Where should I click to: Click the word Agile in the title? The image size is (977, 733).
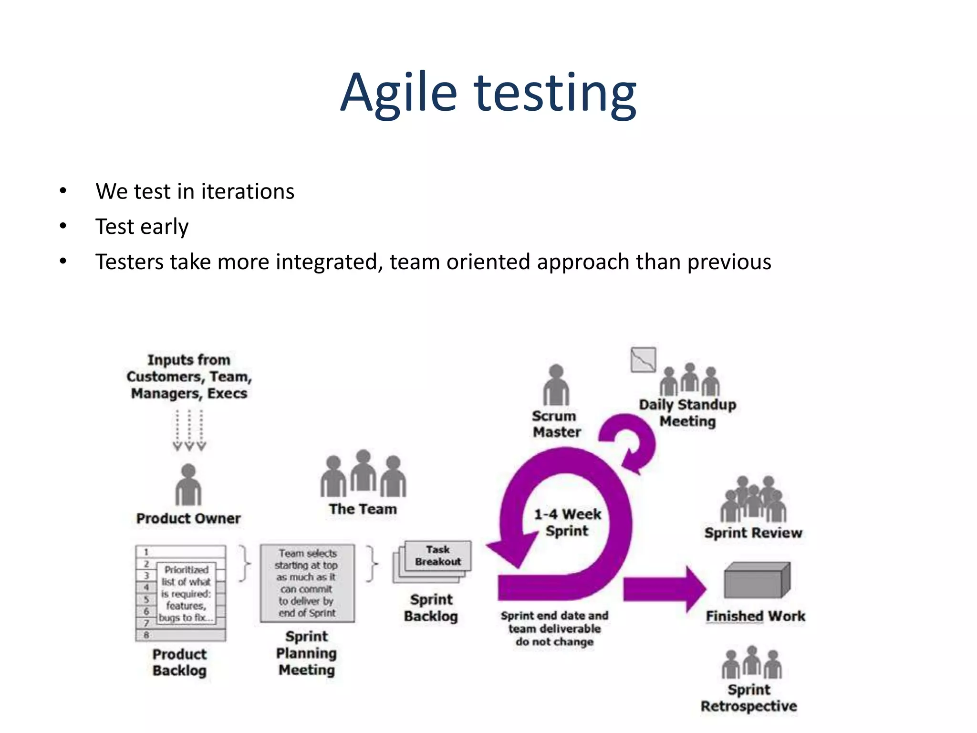point(399,93)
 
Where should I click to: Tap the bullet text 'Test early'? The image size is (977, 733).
point(142,227)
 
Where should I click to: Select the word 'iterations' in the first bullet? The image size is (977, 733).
point(247,191)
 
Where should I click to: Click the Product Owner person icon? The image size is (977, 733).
point(188,485)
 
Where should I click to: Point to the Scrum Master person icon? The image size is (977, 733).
point(556,386)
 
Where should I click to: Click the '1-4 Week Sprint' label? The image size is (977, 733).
point(567,523)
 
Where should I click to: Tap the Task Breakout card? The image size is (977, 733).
point(437,556)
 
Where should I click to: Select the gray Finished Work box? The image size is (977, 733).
point(756,580)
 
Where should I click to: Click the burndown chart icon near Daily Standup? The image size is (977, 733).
point(643,360)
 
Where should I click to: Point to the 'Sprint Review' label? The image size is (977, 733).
point(753,533)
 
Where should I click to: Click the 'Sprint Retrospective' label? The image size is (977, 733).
point(748,698)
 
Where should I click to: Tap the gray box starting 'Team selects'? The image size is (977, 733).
point(307,583)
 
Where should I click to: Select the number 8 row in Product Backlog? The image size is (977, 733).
point(180,635)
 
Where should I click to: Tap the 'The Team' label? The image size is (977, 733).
point(363,509)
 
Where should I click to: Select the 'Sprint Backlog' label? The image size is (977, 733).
point(431,607)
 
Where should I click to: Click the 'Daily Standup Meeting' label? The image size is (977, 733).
point(687,413)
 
